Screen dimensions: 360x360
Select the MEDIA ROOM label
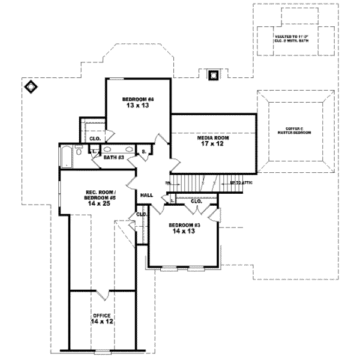coord(214,138)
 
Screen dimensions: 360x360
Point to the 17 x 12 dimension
coord(214,144)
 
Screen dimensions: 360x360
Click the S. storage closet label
coord(145,152)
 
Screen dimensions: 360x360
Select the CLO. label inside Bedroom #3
coord(196,202)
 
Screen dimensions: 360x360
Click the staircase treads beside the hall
coord(198,181)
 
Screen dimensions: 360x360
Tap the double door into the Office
coord(101,293)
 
